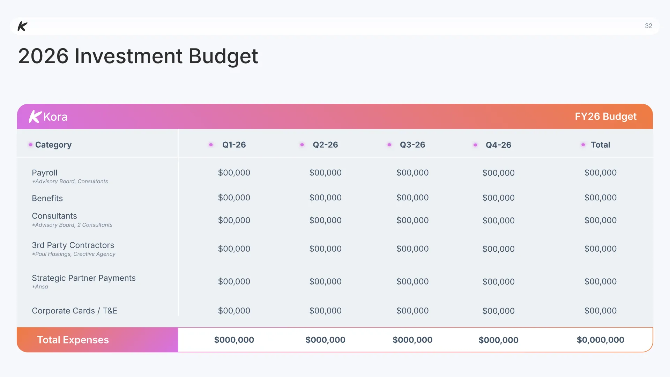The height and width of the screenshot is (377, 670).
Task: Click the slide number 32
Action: point(648,26)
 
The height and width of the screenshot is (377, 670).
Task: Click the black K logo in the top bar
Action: point(23,26)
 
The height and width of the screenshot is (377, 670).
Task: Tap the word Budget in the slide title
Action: point(223,57)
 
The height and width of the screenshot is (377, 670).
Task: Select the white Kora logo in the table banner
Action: point(48,117)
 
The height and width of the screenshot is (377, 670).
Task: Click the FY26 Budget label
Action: point(605,116)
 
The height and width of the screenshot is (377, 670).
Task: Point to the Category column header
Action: point(53,145)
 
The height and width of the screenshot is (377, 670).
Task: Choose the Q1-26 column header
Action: point(234,145)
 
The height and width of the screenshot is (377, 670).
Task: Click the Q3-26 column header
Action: point(412,145)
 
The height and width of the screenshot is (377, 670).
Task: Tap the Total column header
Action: point(601,145)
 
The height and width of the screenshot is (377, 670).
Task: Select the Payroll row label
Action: point(45,173)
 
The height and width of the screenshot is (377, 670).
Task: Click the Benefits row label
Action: point(47,198)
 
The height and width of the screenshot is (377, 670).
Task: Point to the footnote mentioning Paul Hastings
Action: point(74,254)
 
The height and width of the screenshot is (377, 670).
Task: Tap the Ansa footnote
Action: point(40,287)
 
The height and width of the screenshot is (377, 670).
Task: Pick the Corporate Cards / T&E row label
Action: point(75,311)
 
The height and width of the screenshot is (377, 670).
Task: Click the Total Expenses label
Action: point(73,340)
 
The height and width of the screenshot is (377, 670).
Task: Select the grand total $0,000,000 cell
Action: point(601,340)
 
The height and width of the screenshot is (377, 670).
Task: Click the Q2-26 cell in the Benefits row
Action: point(326,198)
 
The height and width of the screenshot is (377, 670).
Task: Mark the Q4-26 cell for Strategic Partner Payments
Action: point(499,282)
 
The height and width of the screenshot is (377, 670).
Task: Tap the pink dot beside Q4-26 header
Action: point(475,145)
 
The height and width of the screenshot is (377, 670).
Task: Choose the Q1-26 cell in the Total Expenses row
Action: point(234,340)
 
